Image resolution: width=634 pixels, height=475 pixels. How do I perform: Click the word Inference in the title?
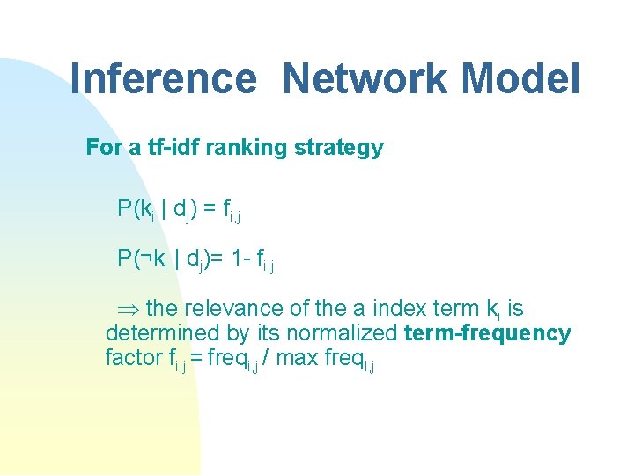point(162,78)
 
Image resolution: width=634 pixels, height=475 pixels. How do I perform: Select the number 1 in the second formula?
point(235,258)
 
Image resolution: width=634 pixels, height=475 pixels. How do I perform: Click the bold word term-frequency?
point(488,333)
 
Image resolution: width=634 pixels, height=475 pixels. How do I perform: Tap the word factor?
point(132,358)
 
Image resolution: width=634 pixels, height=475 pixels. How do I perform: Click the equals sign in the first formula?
point(210,208)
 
